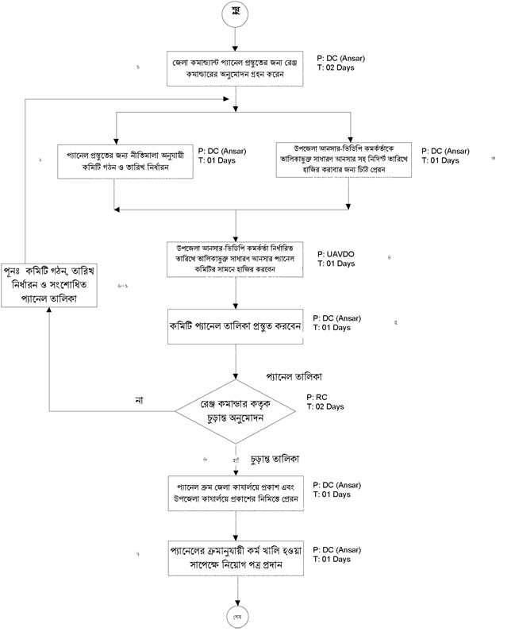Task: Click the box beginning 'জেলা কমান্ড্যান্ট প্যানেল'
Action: (x=236, y=68)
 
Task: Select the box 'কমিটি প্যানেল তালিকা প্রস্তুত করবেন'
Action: (x=236, y=326)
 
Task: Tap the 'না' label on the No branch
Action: (x=140, y=399)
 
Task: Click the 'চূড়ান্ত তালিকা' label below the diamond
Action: (x=279, y=460)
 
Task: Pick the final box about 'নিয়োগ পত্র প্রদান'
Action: (x=236, y=559)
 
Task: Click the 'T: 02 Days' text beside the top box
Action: (x=335, y=68)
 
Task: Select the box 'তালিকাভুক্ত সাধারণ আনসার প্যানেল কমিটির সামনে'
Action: (x=236, y=259)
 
